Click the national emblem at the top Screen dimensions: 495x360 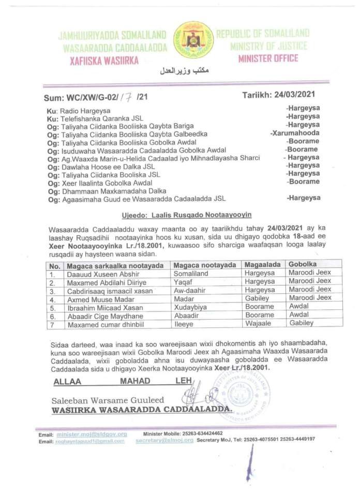coord(193,40)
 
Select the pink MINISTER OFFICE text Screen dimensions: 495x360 coord(268,58)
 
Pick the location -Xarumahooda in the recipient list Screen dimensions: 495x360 coord(295,133)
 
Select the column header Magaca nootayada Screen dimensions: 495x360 coord(202,265)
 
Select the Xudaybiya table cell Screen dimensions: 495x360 coord(192,307)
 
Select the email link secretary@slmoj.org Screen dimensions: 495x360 coord(164,440)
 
